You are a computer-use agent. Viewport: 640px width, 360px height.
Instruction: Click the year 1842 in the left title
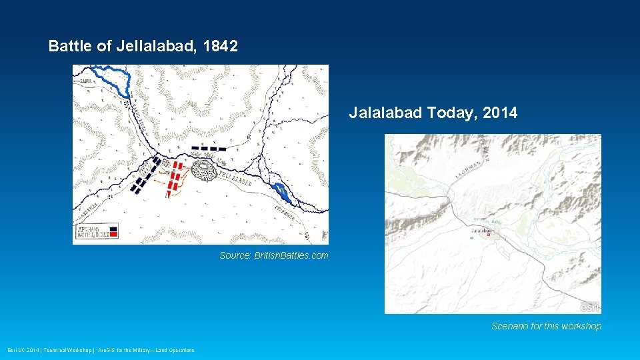221,47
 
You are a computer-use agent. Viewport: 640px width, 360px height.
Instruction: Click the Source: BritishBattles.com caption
274,255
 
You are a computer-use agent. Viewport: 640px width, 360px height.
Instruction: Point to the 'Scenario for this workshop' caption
546,326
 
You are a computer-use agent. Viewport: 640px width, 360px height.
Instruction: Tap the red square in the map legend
114,235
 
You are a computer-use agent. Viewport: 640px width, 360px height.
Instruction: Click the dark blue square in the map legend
114,229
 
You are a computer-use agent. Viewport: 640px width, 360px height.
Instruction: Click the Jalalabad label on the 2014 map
481,231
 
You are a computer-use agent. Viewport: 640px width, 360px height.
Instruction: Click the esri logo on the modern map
589,307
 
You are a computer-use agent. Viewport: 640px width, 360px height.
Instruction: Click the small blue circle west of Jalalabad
472,238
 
